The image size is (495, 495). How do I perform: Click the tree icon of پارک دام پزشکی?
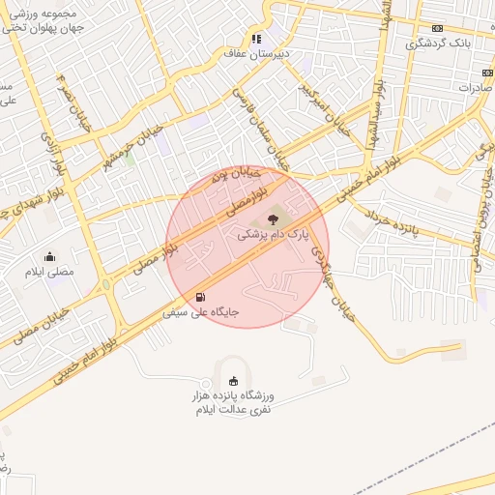(270, 219)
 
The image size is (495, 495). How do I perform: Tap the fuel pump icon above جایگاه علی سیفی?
(200, 297)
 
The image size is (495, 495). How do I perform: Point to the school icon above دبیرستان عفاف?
(256, 40)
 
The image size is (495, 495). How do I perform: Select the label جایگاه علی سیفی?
(200, 313)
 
